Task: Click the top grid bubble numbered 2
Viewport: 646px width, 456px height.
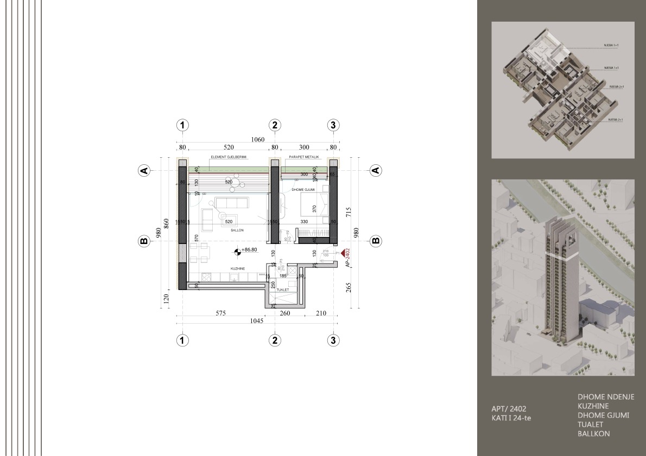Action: click(x=275, y=125)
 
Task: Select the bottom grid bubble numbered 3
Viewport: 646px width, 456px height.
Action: click(x=334, y=341)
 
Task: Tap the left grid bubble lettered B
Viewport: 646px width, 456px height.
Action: click(x=144, y=241)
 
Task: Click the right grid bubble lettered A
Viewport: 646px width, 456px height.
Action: click(x=375, y=171)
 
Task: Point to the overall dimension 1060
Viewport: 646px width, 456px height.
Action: click(x=257, y=140)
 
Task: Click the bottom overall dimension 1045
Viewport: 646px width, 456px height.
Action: click(x=256, y=320)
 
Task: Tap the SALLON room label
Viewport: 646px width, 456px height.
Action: click(x=237, y=230)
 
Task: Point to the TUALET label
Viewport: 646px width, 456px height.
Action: click(x=282, y=290)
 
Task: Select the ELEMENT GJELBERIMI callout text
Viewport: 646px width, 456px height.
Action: click(x=229, y=157)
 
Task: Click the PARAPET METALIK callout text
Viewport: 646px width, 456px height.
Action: click(x=304, y=157)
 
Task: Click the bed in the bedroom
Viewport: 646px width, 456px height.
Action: click(x=315, y=206)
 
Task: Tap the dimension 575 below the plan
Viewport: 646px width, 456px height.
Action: click(x=220, y=313)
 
